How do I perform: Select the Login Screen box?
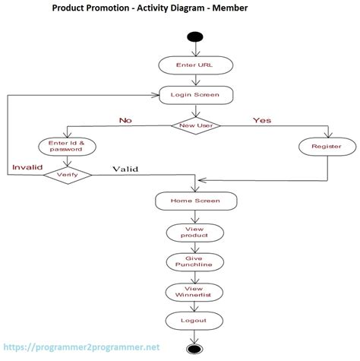(195, 95)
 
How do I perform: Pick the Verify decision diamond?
(67, 175)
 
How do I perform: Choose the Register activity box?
(326, 146)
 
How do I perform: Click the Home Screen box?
(195, 201)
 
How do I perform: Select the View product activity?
(195, 232)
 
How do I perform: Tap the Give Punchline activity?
(195, 261)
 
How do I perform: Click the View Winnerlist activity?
(195, 291)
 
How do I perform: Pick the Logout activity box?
(195, 321)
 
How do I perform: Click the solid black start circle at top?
(195, 37)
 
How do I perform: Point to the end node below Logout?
(195, 350)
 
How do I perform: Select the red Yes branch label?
(262, 119)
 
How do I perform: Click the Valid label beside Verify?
(125, 169)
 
